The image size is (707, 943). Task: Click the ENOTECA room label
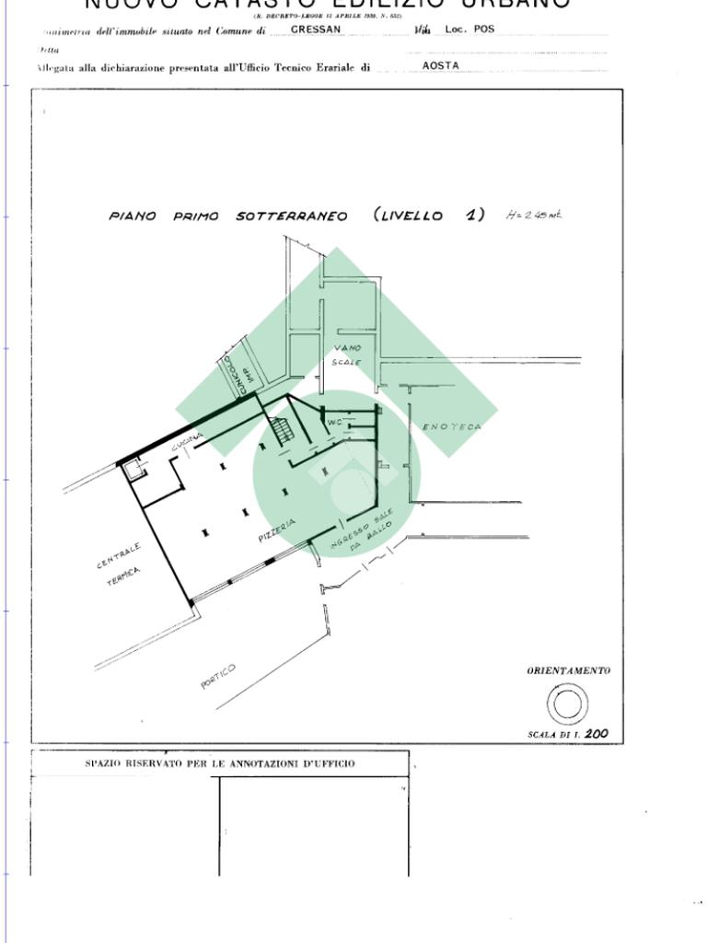coord(452,427)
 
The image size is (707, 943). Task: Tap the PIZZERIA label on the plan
coord(277,530)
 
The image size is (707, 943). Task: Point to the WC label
coord(334,423)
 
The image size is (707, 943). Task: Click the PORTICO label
coord(218,675)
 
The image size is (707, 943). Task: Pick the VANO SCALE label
coord(347,355)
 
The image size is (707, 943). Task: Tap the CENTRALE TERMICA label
coord(122,563)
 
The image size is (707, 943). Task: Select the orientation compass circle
coord(567,704)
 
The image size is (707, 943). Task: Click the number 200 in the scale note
coord(597,735)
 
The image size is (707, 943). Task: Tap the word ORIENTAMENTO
coord(568,670)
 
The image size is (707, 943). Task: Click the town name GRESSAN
coord(316,29)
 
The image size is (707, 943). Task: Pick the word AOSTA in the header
coord(440,66)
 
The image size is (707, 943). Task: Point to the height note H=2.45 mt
coord(534,215)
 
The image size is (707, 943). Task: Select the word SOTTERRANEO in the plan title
coord(292,216)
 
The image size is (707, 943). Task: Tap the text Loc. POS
coord(469,29)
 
